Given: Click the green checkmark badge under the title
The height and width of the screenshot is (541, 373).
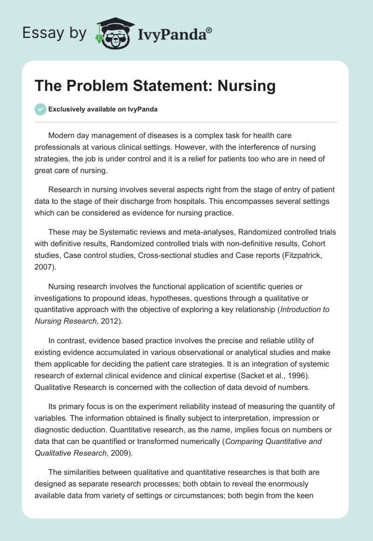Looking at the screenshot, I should (40, 109).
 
